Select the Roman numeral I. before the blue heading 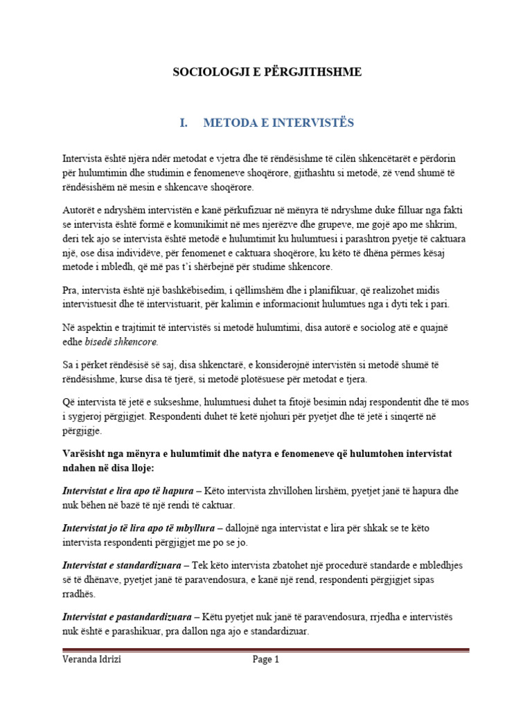click(x=184, y=123)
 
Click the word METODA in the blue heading click(x=230, y=123)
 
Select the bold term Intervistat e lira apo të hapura click(x=128, y=491)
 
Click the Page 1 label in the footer click(x=265, y=660)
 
